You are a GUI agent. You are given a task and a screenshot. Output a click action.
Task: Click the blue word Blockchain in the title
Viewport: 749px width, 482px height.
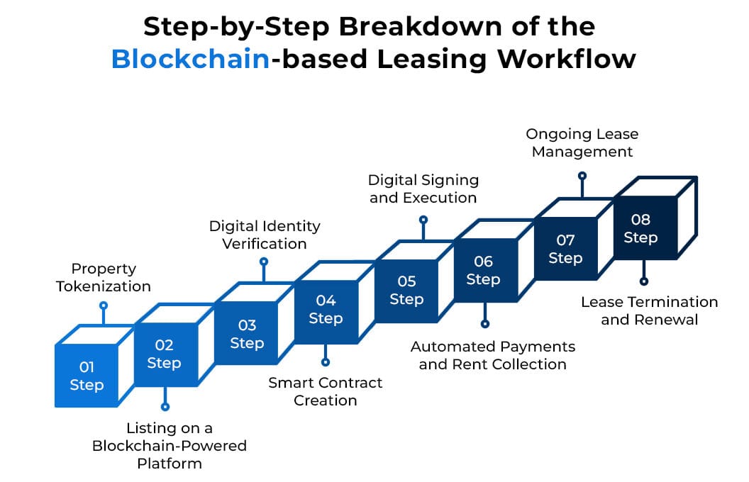pyautogui.click(x=191, y=59)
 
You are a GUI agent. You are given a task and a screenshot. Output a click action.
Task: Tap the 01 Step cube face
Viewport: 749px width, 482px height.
pyautogui.click(x=87, y=376)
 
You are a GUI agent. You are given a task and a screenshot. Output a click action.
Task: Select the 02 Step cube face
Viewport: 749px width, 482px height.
pyautogui.click(x=164, y=354)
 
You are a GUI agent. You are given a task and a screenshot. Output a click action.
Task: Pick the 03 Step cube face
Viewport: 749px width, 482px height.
pyautogui.click(x=247, y=334)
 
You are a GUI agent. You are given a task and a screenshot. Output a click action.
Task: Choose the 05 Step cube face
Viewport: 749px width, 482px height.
pyautogui.click(x=406, y=290)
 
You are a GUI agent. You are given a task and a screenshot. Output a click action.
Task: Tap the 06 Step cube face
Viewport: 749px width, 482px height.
pyautogui.click(x=483, y=270)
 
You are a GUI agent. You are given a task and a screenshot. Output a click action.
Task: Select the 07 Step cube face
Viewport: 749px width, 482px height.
pyautogui.click(x=565, y=249)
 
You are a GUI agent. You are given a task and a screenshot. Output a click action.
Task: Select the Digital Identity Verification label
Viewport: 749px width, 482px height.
pyautogui.click(x=265, y=235)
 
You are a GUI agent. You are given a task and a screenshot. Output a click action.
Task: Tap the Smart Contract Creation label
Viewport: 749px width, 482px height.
pyautogui.click(x=325, y=391)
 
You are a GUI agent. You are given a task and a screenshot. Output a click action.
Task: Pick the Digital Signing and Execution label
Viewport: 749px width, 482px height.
pyautogui.click(x=423, y=189)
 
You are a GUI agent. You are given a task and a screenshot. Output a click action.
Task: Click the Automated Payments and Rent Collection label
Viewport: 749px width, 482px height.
pyautogui.click(x=493, y=355)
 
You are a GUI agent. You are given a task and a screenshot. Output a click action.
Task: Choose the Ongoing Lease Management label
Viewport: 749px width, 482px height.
pyautogui.click(x=582, y=142)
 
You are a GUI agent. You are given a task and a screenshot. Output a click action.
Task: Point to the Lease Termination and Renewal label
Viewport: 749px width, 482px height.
pyautogui.click(x=649, y=310)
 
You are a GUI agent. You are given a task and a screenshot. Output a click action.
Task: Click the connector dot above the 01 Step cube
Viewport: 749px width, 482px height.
pyautogui.click(x=104, y=306)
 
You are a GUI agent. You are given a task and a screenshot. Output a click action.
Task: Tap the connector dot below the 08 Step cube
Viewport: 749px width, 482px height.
pyautogui.click(x=644, y=281)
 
